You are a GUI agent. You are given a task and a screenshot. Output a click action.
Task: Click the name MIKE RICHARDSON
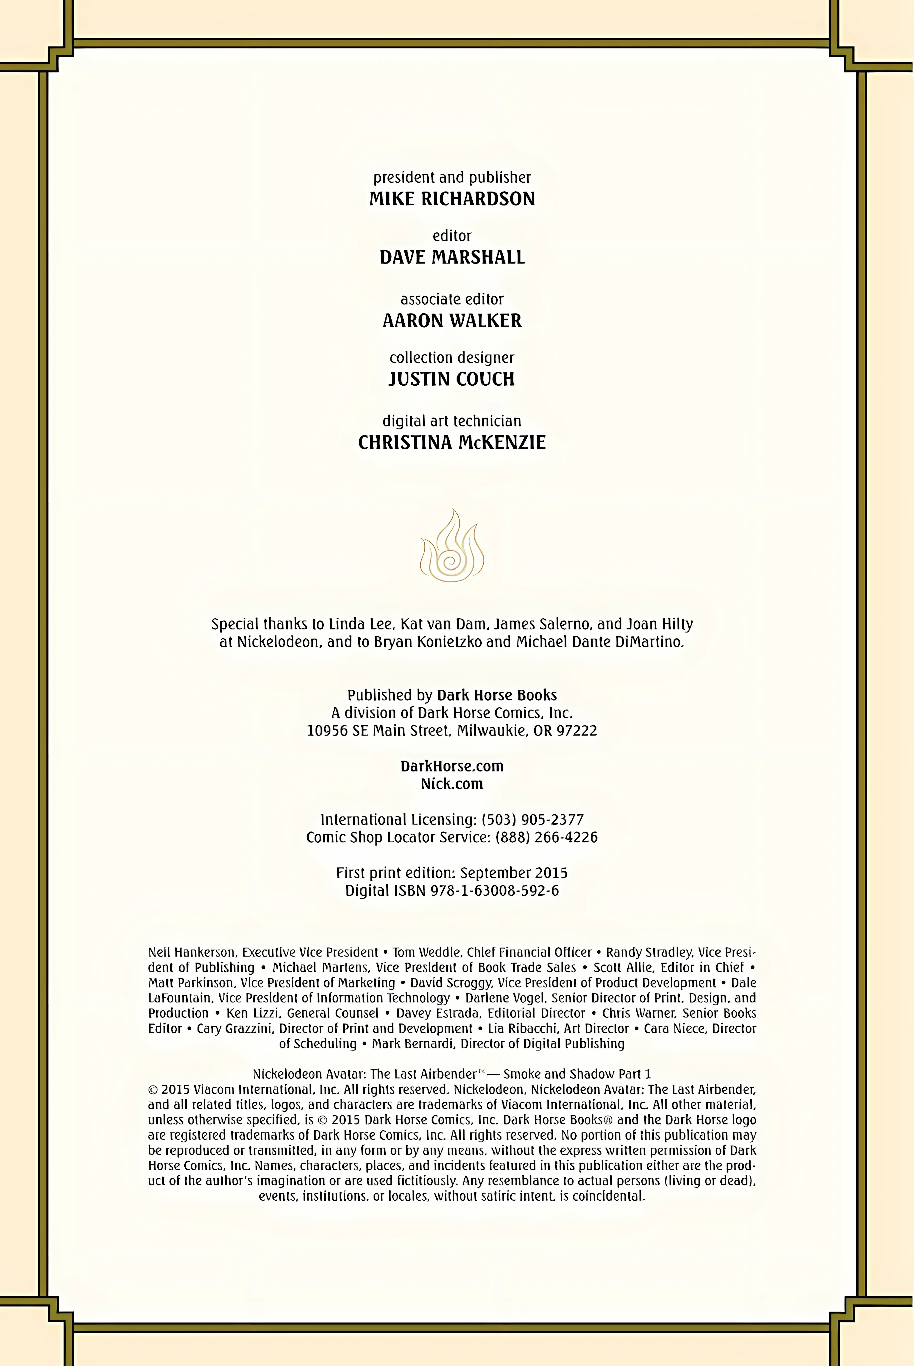452,199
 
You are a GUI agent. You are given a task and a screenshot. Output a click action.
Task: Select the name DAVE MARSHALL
452,257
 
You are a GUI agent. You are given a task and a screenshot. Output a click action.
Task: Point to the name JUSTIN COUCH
452,379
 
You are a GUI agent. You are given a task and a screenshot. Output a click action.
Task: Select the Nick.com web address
452,784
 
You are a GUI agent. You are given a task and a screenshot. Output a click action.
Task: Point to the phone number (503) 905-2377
532,819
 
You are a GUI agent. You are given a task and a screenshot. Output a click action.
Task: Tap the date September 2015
513,872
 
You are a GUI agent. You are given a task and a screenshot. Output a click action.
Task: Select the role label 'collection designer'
452,357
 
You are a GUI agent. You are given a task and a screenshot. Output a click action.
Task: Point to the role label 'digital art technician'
452,421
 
